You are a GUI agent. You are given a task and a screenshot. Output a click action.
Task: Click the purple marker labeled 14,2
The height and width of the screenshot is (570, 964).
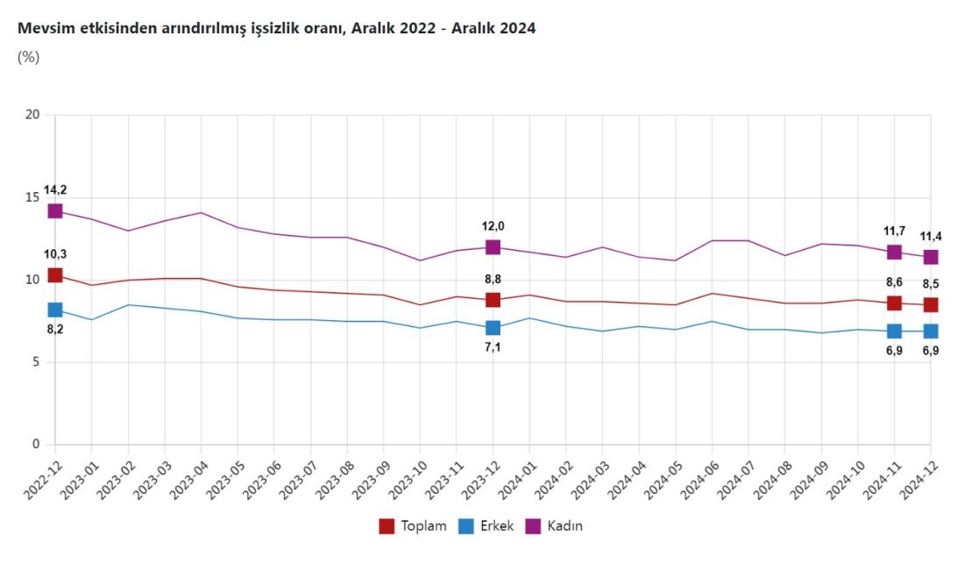(x=55, y=210)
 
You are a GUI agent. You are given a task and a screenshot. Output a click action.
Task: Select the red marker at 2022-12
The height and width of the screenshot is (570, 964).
(x=55, y=275)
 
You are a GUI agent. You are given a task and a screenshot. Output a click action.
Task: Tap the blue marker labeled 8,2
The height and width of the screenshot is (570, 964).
(x=55, y=310)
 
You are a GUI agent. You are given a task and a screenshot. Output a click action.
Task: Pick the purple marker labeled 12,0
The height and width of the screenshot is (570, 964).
(x=493, y=247)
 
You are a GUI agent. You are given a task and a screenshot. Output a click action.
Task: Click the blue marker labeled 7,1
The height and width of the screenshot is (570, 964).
(x=493, y=328)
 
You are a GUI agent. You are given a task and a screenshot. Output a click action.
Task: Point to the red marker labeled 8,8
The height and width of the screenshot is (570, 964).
(x=493, y=300)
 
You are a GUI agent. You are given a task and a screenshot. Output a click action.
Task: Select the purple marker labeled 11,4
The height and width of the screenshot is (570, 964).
(x=931, y=257)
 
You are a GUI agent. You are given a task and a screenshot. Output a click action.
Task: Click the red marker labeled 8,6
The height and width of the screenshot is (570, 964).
(x=894, y=303)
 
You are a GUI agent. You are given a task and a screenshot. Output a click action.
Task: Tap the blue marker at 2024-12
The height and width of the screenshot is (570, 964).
(x=931, y=331)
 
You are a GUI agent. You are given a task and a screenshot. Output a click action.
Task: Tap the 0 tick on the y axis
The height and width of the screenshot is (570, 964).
(x=36, y=445)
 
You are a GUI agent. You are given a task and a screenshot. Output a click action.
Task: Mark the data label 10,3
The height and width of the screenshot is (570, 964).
(x=55, y=254)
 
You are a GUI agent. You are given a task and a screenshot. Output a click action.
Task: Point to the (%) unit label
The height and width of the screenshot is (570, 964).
(x=28, y=58)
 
